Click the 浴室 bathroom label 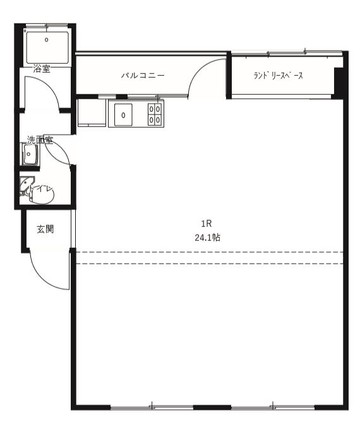pos(42,69)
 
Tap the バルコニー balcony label pos(143,75)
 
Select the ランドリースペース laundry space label pos(278,75)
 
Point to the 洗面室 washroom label pos(40,140)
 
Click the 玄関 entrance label pos(45,229)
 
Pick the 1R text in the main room pos(207,224)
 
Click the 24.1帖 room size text pos(208,238)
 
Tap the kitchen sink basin pos(123,114)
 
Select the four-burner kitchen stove pos(155,114)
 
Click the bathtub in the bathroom pos(47,47)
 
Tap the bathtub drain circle pos(47,40)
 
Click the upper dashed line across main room pos(209,252)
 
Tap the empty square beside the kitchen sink pos(92,112)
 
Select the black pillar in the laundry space pos(339,82)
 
